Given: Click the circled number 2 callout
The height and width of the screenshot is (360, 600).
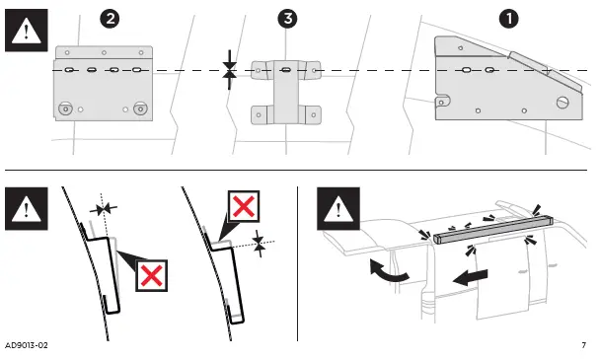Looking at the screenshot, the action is [110, 19].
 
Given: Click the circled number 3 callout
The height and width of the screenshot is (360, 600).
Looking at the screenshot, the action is [287, 19].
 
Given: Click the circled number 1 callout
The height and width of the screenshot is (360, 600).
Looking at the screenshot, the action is [509, 19].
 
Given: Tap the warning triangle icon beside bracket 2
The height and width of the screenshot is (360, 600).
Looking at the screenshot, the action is [27, 31].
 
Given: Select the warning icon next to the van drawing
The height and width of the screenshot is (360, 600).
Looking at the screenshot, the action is [338, 208].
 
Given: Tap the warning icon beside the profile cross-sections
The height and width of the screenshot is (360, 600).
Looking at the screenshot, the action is [27, 208].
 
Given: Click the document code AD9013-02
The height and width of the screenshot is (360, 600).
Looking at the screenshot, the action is [27, 345].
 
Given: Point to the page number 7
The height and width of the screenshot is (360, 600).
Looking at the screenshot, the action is [583, 345].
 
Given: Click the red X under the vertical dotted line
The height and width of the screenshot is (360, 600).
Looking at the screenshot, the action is [152, 275].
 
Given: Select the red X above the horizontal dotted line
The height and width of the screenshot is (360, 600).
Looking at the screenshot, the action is [244, 206].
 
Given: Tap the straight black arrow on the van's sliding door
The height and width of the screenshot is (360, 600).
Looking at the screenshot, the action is [471, 277].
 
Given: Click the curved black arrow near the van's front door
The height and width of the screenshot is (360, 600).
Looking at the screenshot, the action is [389, 270].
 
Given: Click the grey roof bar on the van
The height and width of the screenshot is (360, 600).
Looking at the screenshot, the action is [493, 229].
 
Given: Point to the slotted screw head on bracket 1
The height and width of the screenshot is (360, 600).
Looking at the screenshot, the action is [562, 103].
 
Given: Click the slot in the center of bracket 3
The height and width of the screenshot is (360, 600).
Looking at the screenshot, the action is [286, 70].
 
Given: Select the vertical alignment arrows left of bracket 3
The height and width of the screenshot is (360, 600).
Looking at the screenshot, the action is [229, 70].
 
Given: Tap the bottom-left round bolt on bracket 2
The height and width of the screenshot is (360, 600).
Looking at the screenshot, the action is [66, 109].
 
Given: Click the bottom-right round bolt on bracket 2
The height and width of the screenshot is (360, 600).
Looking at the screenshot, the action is [140, 109].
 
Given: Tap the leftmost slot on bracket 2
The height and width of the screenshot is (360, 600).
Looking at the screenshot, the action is [69, 70].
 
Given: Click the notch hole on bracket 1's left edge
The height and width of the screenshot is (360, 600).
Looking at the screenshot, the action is [441, 103].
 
